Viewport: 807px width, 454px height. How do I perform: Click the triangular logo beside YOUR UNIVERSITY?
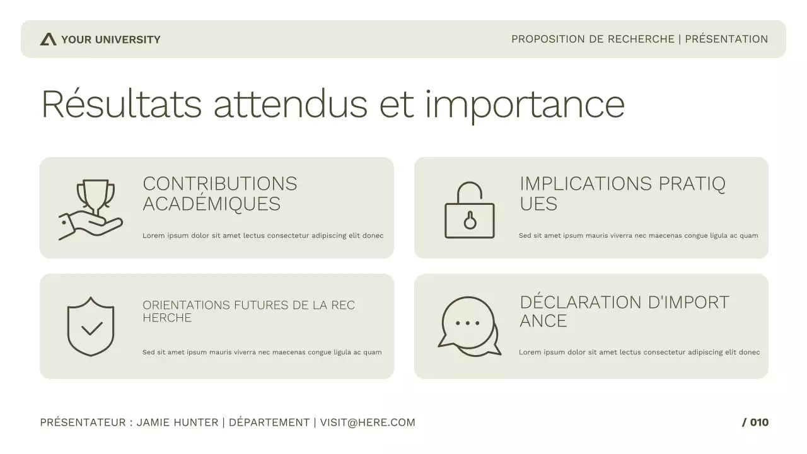click(x=48, y=39)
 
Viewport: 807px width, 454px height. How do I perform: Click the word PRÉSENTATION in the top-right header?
click(x=726, y=39)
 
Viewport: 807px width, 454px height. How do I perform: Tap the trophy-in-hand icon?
click(x=91, y=209)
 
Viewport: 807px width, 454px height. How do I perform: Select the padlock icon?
click(x=470, y=211)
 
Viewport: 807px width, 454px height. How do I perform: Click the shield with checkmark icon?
click(x=91, y=326)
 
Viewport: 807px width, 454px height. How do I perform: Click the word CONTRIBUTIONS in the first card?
click(x=219, y=183)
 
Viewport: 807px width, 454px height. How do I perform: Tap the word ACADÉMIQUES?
click(x=211, y=204)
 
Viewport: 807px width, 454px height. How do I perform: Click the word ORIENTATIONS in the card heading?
click(x=186, y=305)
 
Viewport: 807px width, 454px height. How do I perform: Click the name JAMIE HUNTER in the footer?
click(x=177, y=422)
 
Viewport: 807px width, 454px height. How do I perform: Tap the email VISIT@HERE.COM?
click(x=368, y=422)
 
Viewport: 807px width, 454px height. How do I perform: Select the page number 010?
click(x=759, y=422)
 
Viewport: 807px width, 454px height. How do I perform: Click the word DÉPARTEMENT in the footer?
click(x=269, y=422)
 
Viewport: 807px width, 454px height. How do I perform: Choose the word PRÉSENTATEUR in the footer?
click(x=83, y=422)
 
